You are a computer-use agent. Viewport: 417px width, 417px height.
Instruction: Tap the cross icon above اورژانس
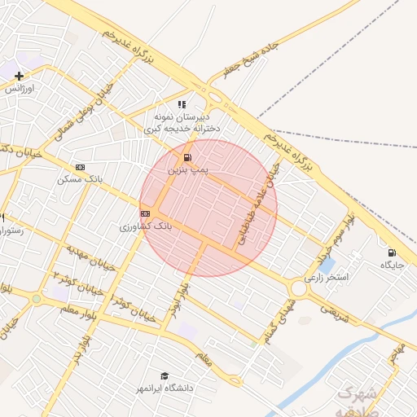pos(19,76)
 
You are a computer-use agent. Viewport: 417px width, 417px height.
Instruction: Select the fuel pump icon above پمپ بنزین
pos(188,157)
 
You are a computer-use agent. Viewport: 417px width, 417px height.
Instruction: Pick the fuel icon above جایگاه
pos(393,252)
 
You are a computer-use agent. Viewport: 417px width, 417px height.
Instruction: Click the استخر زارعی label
pos(327,277)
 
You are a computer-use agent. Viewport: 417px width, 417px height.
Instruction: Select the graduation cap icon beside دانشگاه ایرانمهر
pos(165,376)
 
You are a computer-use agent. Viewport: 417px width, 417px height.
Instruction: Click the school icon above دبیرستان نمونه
pos(182,104)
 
